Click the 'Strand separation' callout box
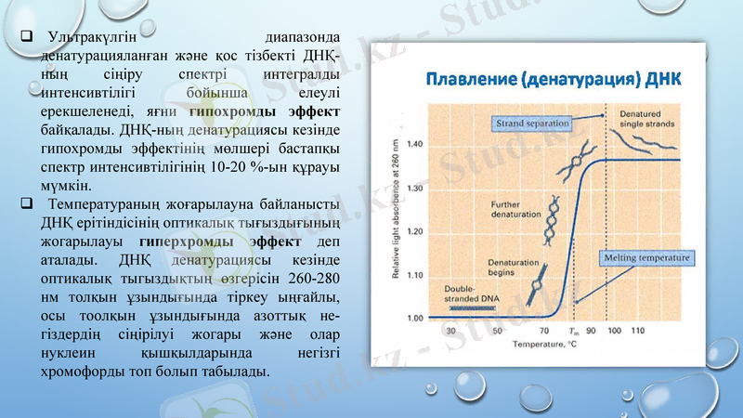point(525,122)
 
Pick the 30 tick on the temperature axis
point(450,331)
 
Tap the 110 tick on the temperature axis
point(638,331)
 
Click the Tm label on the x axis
point(573,331)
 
